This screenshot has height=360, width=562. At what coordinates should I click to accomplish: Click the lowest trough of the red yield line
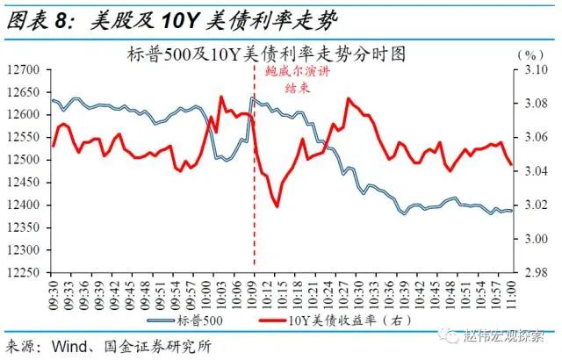tap(277, 205)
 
